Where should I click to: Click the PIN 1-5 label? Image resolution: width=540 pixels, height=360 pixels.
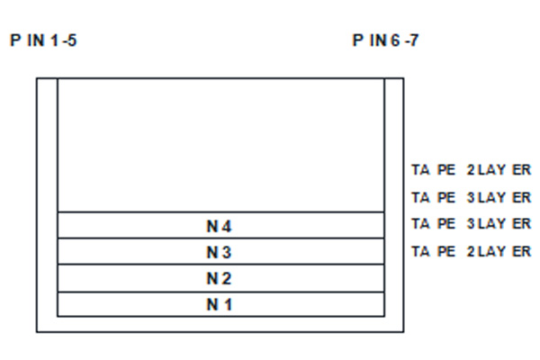coord(43,40)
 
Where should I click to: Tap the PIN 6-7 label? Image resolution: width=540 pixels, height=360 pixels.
coord(386,40)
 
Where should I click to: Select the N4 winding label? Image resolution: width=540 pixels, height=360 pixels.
coord(220,226)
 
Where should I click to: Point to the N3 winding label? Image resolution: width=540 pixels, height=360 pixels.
coord(220,253)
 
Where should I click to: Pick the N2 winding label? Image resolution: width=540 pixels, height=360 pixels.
coord(220,278)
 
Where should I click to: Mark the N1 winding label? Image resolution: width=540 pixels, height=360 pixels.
coord(220,304)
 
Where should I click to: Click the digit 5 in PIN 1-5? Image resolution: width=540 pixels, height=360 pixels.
coord(72,40)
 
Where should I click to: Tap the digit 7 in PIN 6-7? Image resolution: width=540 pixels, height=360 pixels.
coord(414,40)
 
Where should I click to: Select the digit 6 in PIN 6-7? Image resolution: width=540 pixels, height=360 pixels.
coord(395,40)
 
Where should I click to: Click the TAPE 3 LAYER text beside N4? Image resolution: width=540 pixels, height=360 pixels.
coord(471,224)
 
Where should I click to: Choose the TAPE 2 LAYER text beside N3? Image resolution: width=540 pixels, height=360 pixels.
coord(471,251)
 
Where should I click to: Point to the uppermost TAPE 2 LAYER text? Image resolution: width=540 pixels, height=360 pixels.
coord(471,170)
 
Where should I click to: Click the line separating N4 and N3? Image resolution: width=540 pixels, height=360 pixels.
coord(220,238)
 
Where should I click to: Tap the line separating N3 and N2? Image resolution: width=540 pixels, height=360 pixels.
coord(220,265)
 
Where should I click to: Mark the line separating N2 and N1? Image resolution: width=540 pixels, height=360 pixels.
coord(220,292)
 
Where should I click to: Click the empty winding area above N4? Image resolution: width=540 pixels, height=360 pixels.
coord(220,146)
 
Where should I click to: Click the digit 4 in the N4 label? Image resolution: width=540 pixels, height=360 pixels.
coord(227,226)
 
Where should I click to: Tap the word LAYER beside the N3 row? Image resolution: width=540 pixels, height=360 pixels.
coord(505,251)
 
